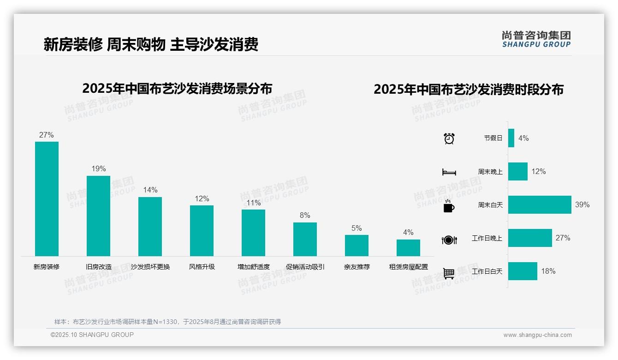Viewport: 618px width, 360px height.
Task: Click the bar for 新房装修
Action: pos(47,199)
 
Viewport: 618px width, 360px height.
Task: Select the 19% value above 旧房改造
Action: pos(98,169)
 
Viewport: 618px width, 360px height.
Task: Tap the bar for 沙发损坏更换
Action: pos(150,227)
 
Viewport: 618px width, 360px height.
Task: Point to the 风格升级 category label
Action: pos(202,267)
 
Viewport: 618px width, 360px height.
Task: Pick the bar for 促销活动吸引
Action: pos(305,239)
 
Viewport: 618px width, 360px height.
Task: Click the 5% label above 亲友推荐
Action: pos(357,228)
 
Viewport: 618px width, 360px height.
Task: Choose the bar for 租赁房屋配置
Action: pos(408,248)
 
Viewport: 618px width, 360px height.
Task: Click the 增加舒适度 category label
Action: pos(253,267)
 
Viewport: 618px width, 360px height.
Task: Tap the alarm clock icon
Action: pos(449,138)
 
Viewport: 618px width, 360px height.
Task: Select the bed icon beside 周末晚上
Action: pos(449,172)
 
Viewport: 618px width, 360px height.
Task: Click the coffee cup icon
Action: pos(449,206)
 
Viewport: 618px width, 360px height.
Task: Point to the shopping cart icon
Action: pos(449,273)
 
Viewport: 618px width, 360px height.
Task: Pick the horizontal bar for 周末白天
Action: pos(540,204)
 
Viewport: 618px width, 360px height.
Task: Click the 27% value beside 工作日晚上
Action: pos(563,238)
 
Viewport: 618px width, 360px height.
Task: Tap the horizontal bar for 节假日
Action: pos(511,138)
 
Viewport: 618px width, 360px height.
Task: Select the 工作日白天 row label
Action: pos(487,271)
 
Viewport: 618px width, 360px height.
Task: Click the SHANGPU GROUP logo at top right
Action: pos(536,39)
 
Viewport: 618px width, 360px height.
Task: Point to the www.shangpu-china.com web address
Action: pos(537,335)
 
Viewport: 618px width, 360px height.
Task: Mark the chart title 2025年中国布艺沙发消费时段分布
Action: pos(468,90)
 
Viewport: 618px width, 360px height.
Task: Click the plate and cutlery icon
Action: pos(449,240)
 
